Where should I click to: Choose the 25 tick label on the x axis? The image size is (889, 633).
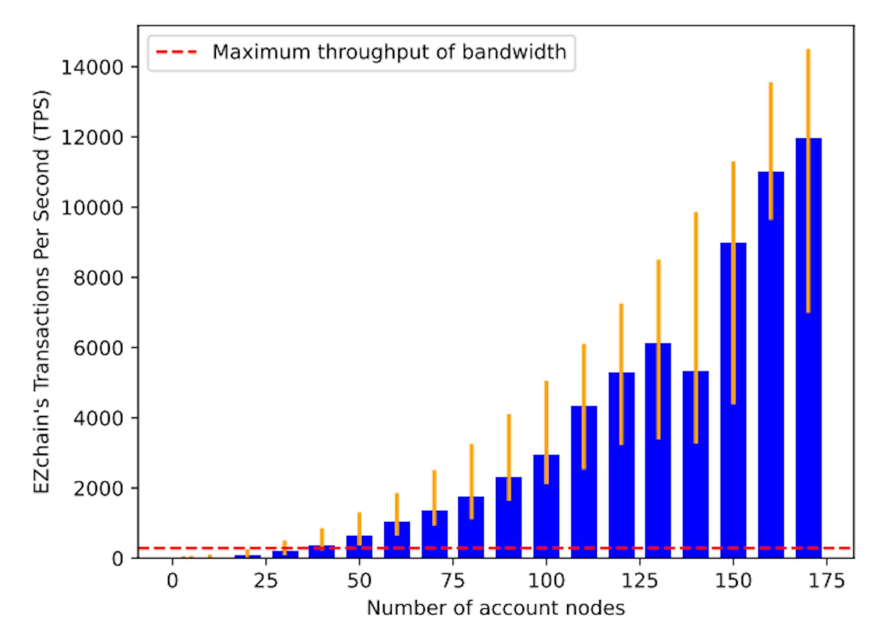[x=266, y=580]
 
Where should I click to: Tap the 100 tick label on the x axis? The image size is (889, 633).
[x=546, y=580]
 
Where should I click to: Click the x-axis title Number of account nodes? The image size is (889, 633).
[x=495, y=608]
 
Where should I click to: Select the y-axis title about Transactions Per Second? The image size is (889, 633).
[x=42, y=292]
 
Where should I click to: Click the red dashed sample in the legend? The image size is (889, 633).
[x=176, y=52]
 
